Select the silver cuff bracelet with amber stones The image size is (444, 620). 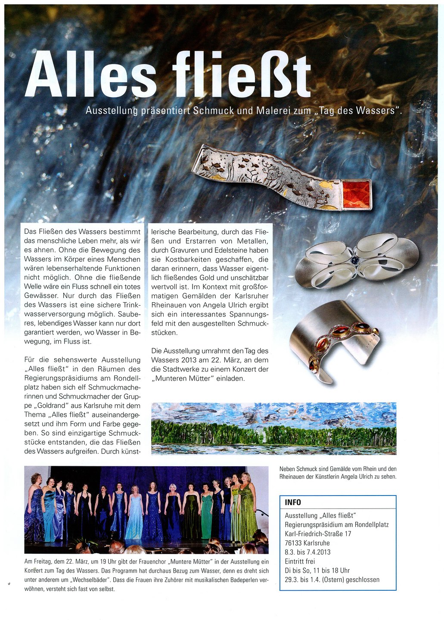click(334, 340)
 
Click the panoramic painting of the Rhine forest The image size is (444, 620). click(274, 428)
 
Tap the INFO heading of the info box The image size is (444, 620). click(293, 502)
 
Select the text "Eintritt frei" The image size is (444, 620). click(300, 561)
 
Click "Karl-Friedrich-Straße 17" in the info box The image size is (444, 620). click(318, 534)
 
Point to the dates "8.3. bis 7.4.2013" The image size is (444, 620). click(307, 552)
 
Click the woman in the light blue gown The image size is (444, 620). click(135, 515)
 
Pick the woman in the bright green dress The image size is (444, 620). click(207, 515)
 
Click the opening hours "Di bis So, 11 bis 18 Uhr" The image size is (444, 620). click(317, 570)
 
